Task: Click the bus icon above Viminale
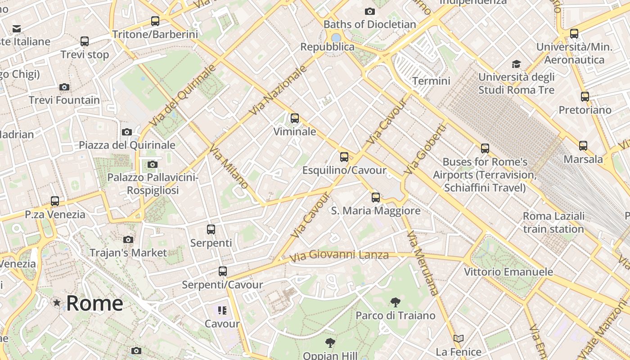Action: click(x=295, y=118)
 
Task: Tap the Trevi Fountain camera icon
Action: click(x=64, y=87)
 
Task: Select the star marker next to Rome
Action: click(x=57, y=303)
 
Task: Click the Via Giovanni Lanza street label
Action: click(x=339, y=256)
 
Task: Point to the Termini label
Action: click(x=431, y=81)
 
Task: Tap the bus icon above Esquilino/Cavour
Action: click(x=344, y=157)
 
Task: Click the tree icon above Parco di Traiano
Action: click(x=396, y=302)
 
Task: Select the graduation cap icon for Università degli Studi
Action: click(x=516, y=64)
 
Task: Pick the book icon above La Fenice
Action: click(x=459, y=338)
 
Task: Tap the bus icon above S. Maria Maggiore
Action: click(x=376, y=197)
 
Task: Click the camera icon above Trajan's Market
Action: click(x=128, y=239)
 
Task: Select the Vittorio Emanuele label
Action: click(x=508, y=272)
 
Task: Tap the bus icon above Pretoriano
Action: click(x=585, y=96)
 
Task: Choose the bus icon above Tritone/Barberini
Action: click(x=155, y=21)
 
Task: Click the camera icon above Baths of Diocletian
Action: click(x=370, y=11)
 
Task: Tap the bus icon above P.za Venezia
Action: click(x=55, y=201)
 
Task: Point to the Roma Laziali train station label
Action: click(x=553, y=222)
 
